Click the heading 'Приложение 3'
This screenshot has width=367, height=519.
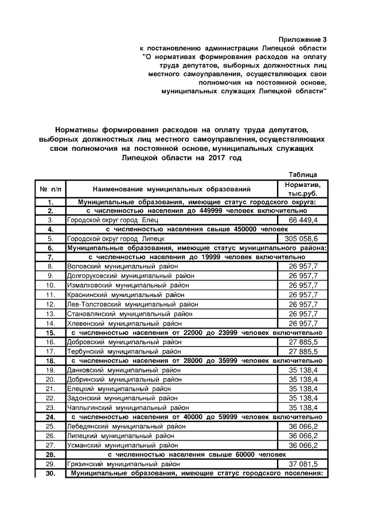(302, 39)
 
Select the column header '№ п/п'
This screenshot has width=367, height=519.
(50, 189)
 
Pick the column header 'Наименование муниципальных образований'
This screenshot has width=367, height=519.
(171, 189)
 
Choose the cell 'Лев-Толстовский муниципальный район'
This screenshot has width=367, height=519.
(132, 304)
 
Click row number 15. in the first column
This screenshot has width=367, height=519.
(50, 332)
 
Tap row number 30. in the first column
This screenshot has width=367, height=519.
(50, 473)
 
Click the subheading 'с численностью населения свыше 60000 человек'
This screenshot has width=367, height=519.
(196, 454)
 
